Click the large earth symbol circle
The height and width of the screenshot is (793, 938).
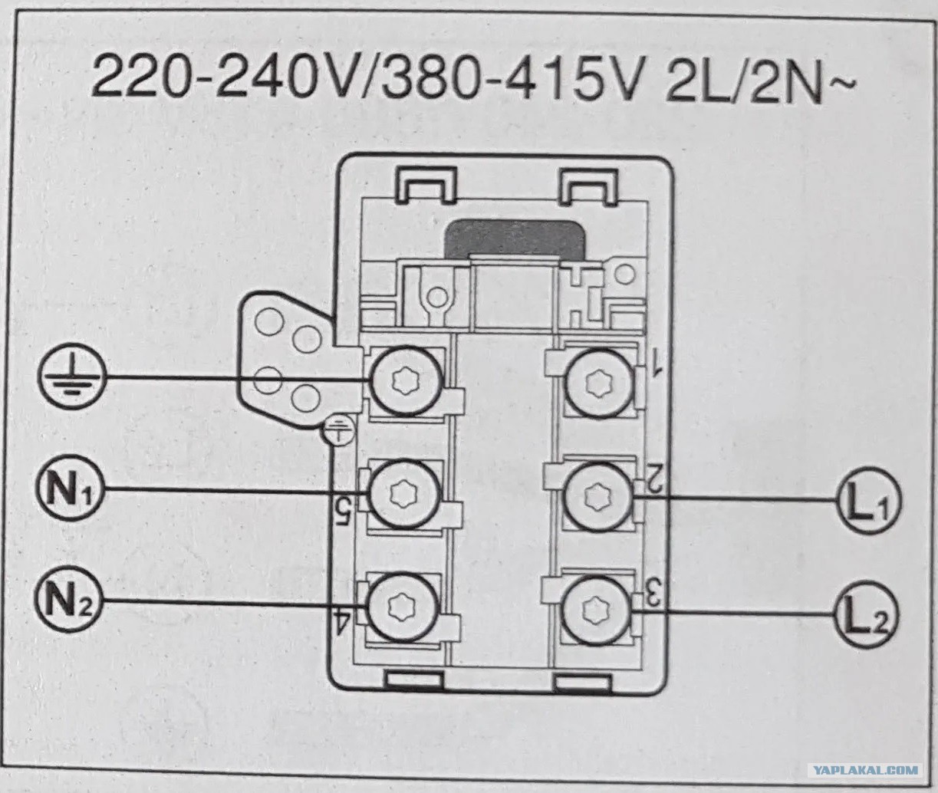coord(72,377)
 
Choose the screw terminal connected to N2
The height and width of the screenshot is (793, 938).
coord(403,606)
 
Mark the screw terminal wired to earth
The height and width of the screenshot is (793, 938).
coord(406,381)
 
